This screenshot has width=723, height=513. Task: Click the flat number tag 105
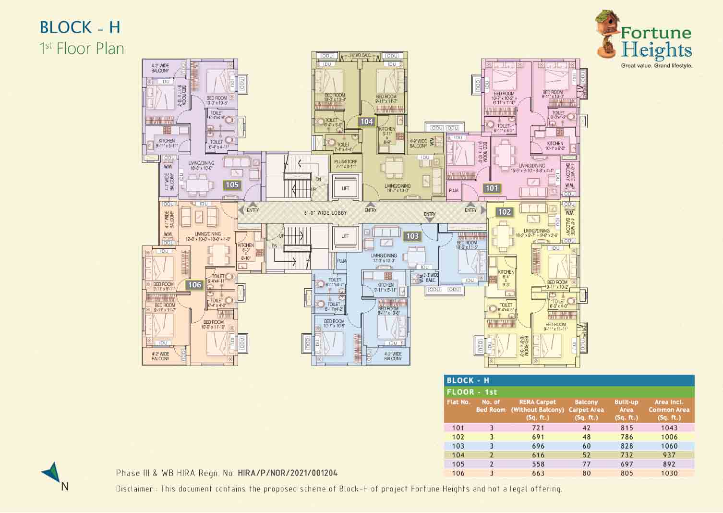pos(232,185)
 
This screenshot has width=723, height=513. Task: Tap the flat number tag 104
pos(367,122)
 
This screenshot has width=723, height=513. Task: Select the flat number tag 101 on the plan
pos(492,188)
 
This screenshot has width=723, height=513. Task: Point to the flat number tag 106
pos(194,285)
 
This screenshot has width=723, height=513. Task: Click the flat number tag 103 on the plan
pos(412,236)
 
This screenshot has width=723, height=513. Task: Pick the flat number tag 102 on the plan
pos(505,212)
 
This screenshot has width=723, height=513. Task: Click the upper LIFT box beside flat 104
pos(346,188)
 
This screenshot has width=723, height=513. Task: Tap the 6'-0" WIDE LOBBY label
pos(325,213)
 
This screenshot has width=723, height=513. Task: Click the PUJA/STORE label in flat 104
pos(345,164)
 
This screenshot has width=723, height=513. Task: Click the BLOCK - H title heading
pos(80,27)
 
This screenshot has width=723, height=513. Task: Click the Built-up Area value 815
pos(626,428)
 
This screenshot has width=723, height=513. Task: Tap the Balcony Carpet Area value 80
pos(586,473)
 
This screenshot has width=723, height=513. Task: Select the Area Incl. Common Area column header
pos(668,410)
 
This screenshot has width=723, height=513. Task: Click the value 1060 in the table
pos(669,446)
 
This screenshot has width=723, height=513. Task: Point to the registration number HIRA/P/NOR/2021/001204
pos(287,473)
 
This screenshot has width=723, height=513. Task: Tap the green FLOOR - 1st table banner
pos(569,392)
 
